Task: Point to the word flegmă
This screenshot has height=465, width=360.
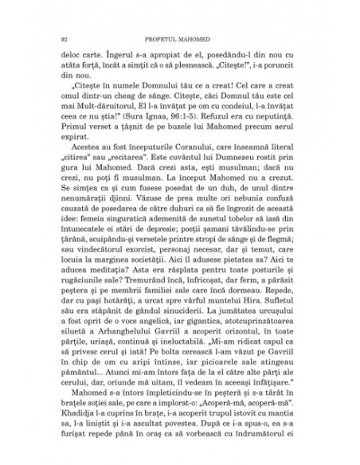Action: tap(293, 261)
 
